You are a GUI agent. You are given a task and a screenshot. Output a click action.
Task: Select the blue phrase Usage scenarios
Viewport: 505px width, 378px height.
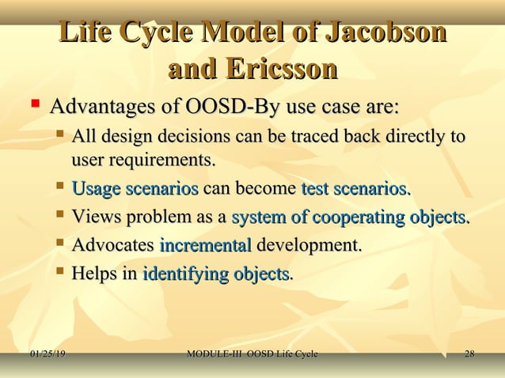point(135,189)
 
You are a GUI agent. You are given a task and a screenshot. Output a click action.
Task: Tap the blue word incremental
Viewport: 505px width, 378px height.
point(205,246)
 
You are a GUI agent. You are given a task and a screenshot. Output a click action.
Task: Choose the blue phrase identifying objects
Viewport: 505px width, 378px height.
point(216,274)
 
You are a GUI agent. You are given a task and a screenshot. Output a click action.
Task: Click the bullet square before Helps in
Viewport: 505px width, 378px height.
point(59,273)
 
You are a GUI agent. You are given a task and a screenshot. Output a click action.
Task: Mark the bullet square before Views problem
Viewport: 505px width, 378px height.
point(59,216)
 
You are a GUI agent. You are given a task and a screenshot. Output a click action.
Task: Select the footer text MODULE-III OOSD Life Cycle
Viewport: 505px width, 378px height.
point(252,353)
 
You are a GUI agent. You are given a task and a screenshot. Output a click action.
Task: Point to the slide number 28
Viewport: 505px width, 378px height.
point(469,353)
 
